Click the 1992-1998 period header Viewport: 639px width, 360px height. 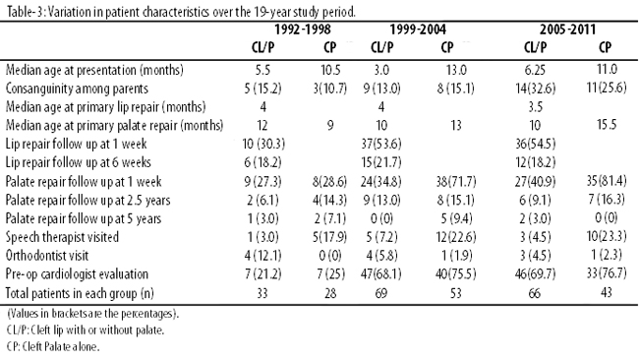[303, 30]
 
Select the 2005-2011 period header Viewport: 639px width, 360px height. [567, 30]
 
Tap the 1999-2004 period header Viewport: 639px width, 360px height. [418, 30]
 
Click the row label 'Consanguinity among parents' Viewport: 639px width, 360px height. [77, 89]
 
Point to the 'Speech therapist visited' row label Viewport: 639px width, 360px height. [62, 237]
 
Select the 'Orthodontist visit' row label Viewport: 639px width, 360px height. [47, 255]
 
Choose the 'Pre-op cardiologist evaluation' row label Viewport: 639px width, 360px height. [77, 274]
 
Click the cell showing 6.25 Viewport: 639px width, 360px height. [535, 70]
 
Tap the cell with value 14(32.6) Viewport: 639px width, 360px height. [535, 89]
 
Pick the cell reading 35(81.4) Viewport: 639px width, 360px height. [607, 181]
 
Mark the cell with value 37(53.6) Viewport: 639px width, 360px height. [381, 144]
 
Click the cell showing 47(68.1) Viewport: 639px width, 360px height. [381, 273]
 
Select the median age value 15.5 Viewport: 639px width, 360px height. [607, 125]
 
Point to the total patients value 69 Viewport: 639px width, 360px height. [381, 293]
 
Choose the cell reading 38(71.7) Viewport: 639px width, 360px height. [455, 181]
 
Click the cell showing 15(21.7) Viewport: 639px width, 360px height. [381, 162]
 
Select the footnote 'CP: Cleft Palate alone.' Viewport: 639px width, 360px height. [53, 347]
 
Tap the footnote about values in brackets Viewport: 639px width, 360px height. [93, 314]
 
